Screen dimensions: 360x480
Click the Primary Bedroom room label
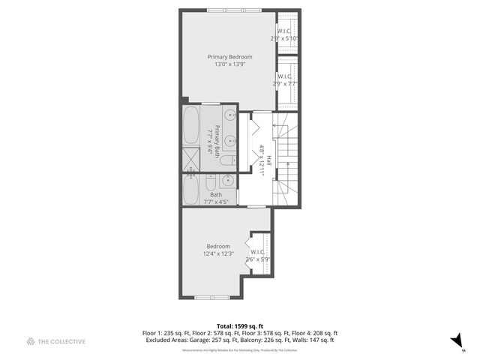(x=229, y=57)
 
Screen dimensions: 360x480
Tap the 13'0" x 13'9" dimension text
(x=229, y=64)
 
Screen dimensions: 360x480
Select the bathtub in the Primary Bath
(x=190, y=125)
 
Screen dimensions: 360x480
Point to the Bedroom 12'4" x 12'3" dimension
(x=218, y=253)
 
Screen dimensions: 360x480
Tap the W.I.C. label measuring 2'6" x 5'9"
(x=257, y=252)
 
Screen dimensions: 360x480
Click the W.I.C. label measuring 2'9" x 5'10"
(x=284, y=31)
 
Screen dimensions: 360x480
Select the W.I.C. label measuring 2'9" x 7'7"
(x=284, y=76)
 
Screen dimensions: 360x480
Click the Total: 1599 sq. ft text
(x=239, y=326)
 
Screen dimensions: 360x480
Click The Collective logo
(x=56, y=342)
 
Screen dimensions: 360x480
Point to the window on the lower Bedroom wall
(x=211, y=298)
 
